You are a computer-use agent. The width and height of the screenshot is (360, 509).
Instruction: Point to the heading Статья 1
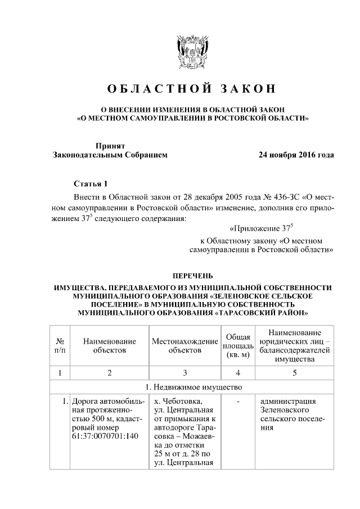click(x=90, y=184)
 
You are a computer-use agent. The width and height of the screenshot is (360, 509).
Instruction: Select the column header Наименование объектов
click(x=109, y=345)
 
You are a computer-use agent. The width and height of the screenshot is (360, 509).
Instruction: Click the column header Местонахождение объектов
click(x=184, y=345)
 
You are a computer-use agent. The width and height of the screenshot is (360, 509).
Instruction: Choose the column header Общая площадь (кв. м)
click(x=238, y=345)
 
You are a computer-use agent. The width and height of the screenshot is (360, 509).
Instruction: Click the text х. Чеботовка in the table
click(x=175, y=402)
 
